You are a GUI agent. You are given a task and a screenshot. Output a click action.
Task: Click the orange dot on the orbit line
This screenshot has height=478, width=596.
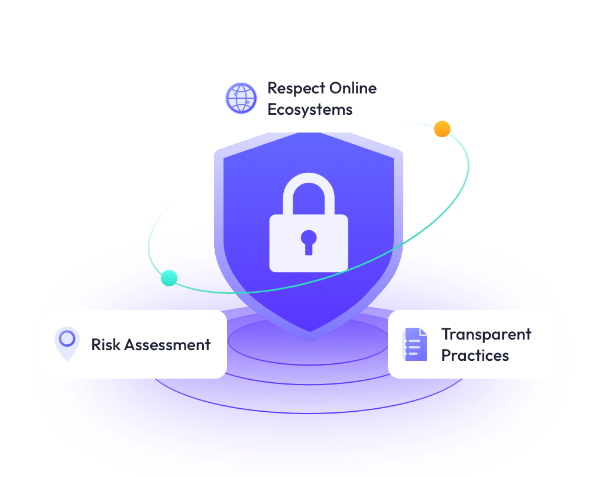(x=442, y=129)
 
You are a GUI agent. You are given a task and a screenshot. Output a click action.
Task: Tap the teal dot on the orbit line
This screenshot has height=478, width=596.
(x=169, y=278)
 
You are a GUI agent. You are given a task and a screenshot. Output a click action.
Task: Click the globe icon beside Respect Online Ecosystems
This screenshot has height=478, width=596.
(x=241, y=98)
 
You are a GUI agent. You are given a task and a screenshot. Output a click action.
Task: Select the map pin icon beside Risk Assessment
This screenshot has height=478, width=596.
(x=67, y=344)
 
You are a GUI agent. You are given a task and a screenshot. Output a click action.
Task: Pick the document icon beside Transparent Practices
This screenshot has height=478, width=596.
(x=414, y=344)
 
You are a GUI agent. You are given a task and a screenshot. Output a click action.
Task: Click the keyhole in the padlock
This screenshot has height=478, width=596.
(x=309, y=242)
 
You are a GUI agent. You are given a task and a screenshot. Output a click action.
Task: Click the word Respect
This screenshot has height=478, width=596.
(x=296, y=89)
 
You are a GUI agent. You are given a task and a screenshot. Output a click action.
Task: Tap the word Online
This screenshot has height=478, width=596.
(x=353, y=88)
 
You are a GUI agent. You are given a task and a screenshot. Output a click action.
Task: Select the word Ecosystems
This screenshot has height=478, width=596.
(x=310, y=110)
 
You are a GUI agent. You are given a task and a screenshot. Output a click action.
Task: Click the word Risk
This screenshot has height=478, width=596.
(x=106, y=344)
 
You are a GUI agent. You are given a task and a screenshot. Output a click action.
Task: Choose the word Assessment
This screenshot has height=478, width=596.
(x=168, y=345)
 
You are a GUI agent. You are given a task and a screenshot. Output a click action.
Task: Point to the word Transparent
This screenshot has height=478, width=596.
(x=486, y=335)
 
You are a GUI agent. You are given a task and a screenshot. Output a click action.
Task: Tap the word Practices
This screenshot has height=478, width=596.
(x=475, y=356)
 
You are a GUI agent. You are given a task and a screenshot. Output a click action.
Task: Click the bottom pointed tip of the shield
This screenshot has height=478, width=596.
(x=309, y=341)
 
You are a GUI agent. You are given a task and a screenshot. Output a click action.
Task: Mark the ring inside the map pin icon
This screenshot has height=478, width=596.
(x=67, y=338)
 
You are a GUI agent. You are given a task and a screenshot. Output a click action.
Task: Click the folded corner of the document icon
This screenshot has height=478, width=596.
(x=423, y=332)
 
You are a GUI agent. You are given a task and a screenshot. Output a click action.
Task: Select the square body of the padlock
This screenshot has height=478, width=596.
(x=309, y=243)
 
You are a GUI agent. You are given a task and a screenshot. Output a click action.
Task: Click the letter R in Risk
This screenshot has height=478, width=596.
(x=96, y=345)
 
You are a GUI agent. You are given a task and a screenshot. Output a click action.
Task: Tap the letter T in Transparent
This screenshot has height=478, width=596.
(x=446, y=334)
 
